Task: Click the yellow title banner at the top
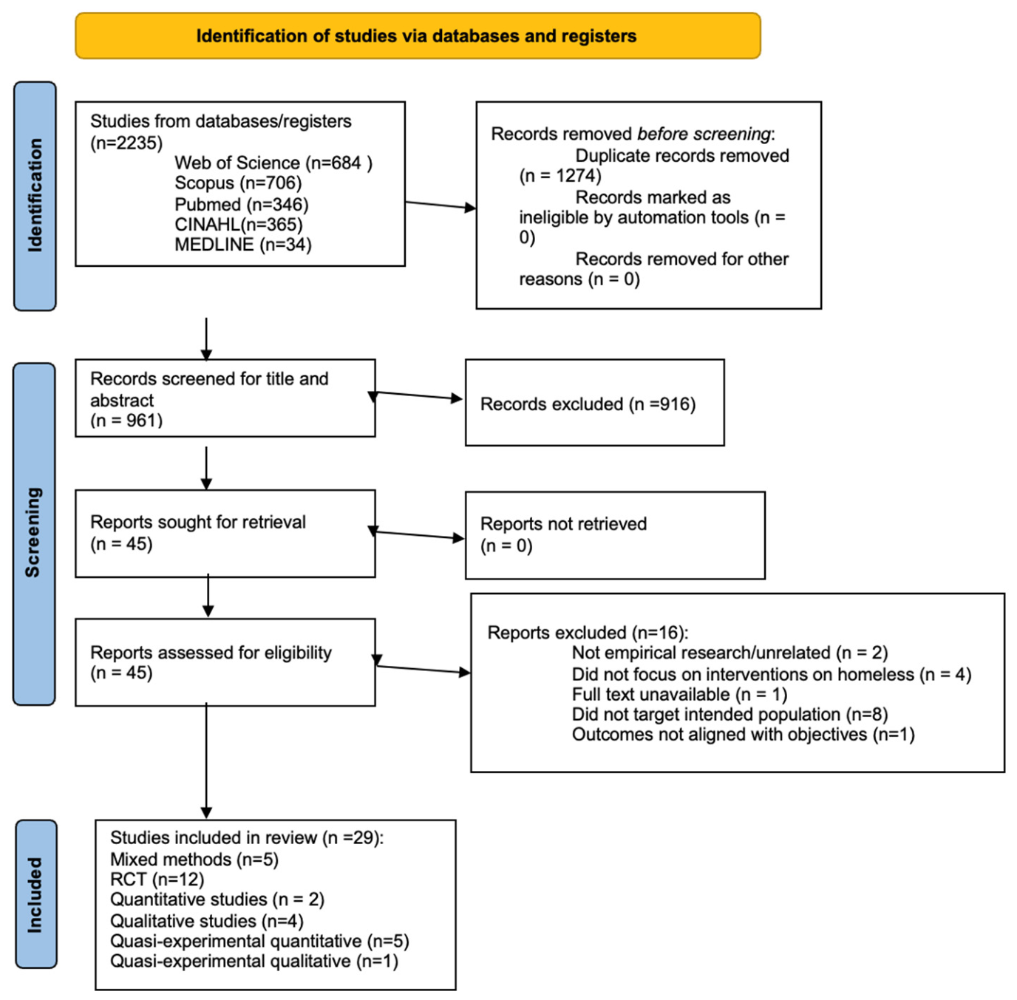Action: (x=418, y=36)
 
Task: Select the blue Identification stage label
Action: (x=35, y=196)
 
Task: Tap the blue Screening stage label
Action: (x=34, y=534)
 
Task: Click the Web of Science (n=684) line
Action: (x=273, y=163)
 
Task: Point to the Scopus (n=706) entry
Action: (x=238, y=183)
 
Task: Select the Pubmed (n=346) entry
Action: (x=241, y=204)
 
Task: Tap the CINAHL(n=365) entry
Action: (x=239, y=225)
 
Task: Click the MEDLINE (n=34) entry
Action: (x=242, y=245)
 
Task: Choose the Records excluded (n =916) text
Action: (x=588, y=404)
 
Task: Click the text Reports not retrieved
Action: (x=563, y=524)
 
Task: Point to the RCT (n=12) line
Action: (x=157, y=879)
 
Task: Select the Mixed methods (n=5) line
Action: (x=194, y=859)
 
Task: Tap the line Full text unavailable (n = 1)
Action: (x=679, y=694)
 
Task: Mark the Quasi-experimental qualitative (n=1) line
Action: (x=254, y=961)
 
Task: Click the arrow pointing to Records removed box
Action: (x=441, y=205)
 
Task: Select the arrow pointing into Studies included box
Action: (x=206, y=761)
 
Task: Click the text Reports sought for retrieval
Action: (x=198, y=522)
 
